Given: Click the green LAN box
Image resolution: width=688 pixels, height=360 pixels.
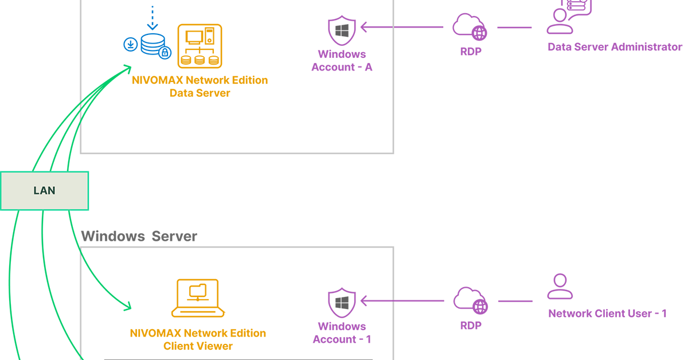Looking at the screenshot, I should coord(44,191).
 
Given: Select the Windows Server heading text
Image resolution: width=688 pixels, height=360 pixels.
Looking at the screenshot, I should coord(139,236).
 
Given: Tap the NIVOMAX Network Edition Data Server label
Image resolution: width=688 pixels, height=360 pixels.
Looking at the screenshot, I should coord(200,87).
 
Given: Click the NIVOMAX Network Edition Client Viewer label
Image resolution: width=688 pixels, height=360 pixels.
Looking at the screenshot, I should coord(198,339).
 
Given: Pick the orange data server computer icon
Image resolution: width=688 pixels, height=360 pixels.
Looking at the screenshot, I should coord(200,46).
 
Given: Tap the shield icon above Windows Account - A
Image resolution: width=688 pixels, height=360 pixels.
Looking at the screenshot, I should coord(342,31).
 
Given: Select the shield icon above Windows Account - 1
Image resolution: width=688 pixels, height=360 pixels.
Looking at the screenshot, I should coord(342,303).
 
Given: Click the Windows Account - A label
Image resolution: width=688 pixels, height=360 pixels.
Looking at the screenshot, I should coord(342,61).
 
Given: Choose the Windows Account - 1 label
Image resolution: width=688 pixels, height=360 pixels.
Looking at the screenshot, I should coord(342,333).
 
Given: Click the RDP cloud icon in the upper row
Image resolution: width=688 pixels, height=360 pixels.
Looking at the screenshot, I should coord(470,26).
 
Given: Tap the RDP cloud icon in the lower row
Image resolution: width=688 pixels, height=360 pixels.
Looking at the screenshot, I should coord(470,300).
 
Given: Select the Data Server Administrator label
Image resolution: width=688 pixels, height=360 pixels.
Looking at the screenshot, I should coord(615,47).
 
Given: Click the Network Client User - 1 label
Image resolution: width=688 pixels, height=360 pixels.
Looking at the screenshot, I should coord(607,314).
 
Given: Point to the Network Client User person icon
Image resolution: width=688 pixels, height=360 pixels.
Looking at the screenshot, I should coord(560,287).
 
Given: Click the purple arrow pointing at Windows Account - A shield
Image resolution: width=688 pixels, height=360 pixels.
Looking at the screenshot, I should coord(401,26).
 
